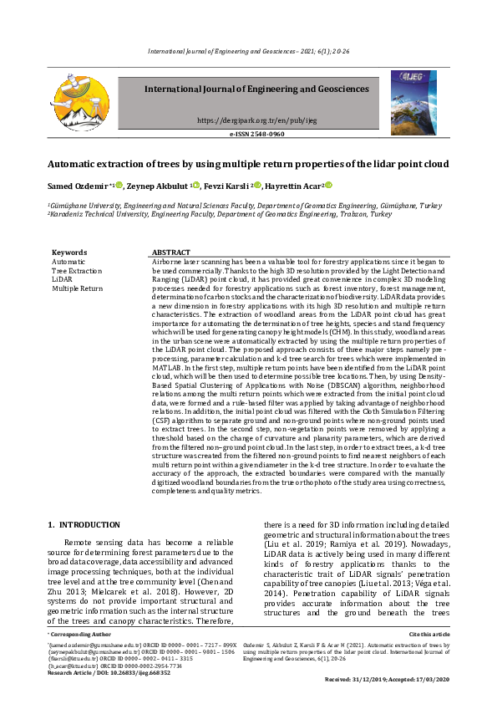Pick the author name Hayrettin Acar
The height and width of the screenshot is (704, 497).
pyautogui.click(x=293, y=185)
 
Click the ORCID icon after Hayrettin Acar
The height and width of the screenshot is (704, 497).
pyautogui.click(x=329, y=185)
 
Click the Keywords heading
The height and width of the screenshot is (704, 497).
pyautogui.click(x=68, y=252)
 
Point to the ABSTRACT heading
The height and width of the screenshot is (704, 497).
pyautogui.click(x=171, y=252)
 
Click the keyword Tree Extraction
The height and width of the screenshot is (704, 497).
pyautogui.click(x=77, y=270)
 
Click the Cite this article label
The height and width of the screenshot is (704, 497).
pyautogui.click(x=428, y=636)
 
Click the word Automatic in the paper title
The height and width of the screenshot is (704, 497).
pyautogui.click(x=73, y=164)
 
